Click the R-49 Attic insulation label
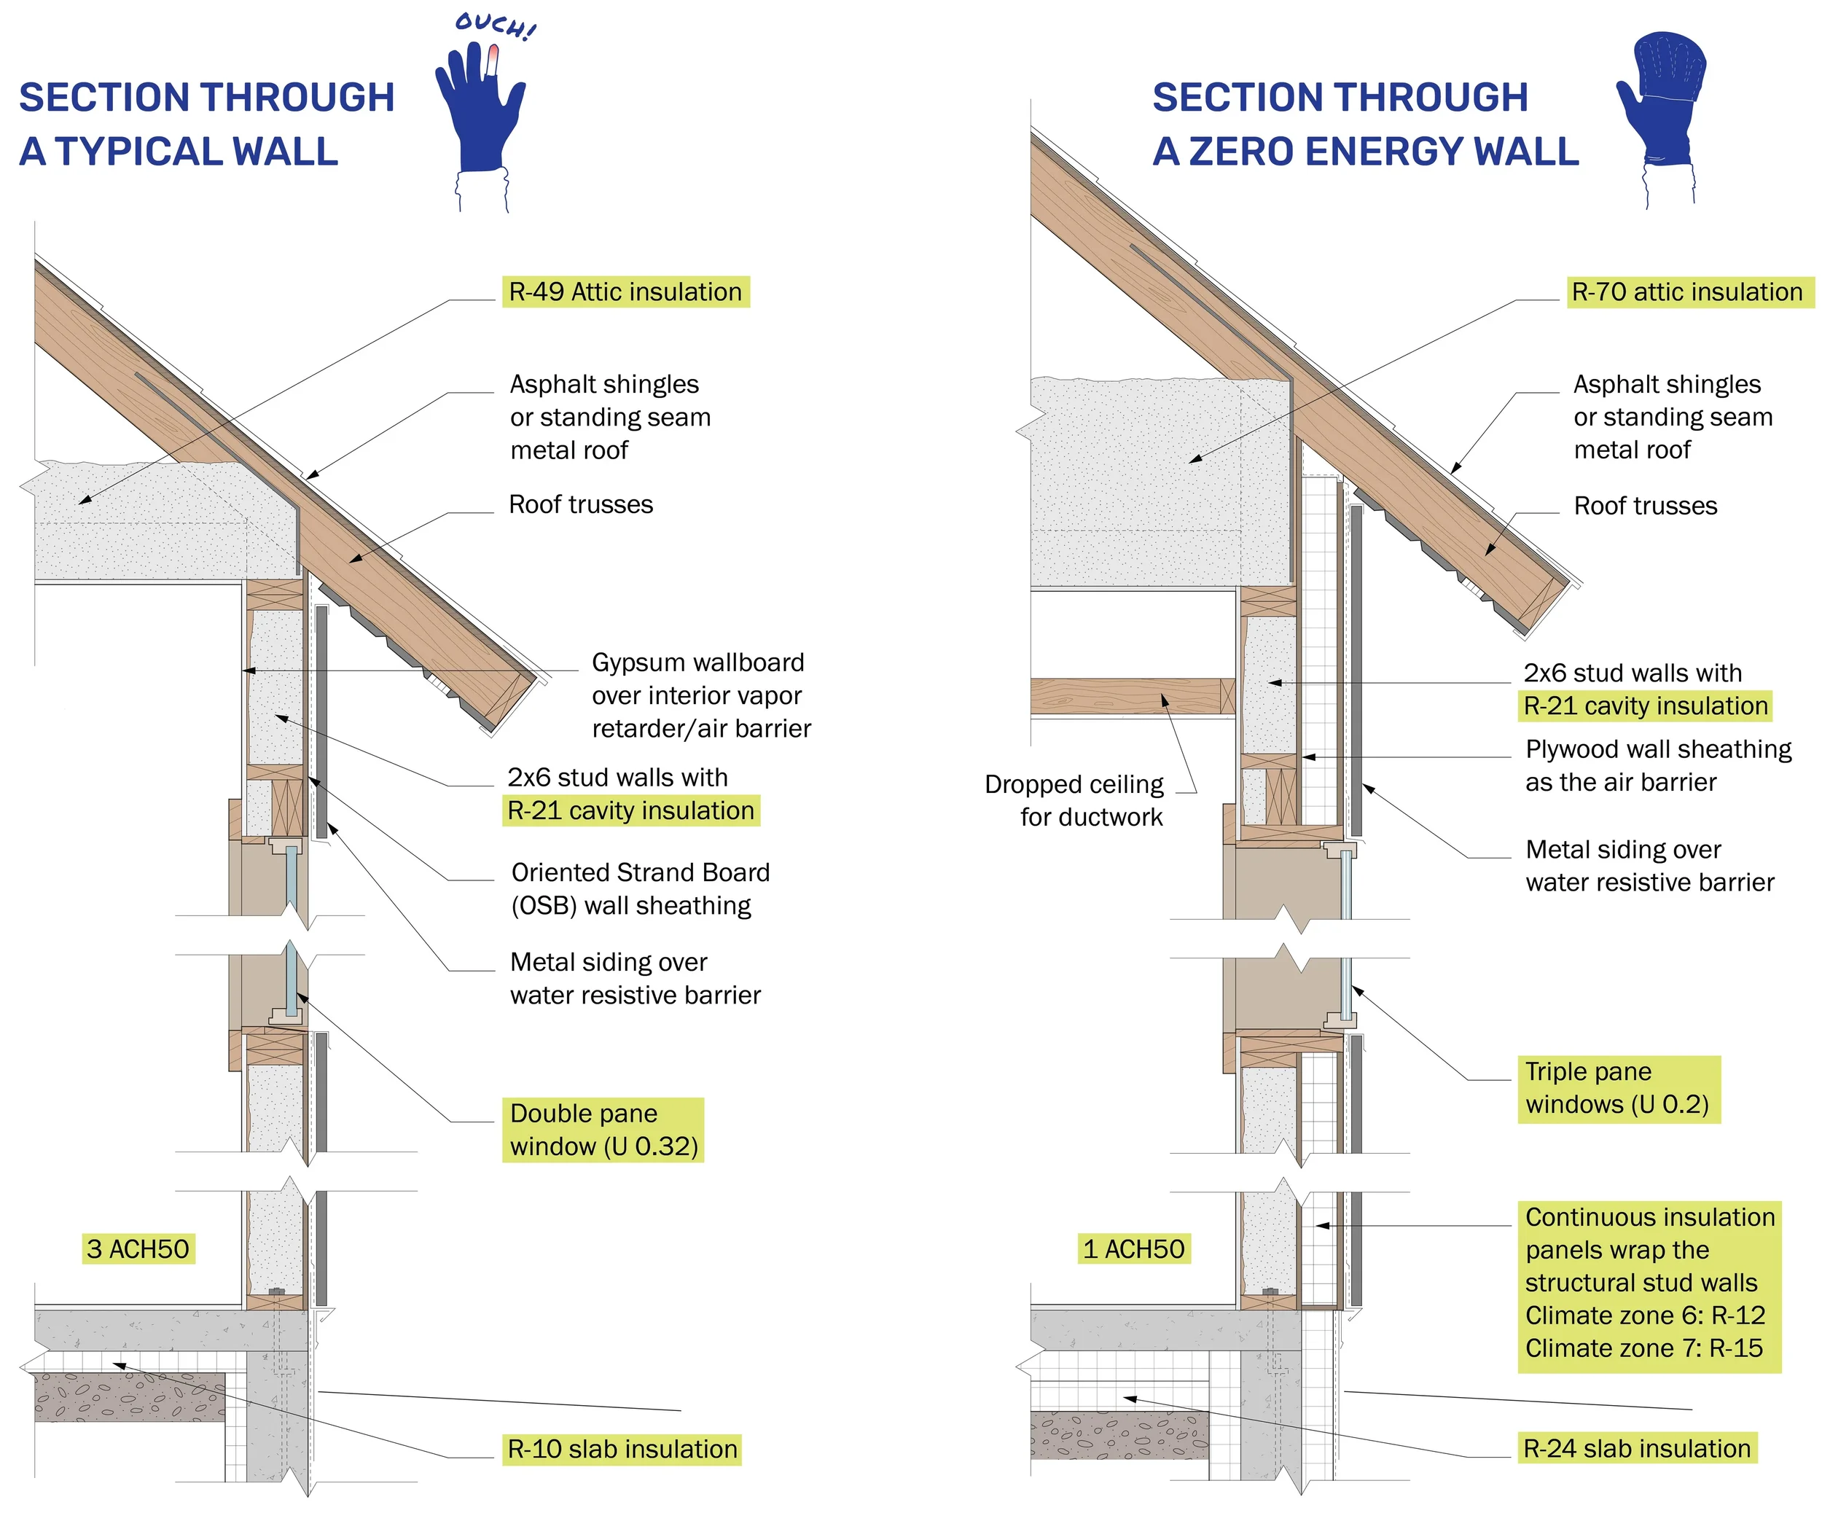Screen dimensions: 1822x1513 click(625, 292)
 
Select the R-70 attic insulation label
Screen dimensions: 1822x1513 click(1686, 292)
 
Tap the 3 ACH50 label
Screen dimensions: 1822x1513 click(138, 1248)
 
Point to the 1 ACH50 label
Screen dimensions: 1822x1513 click(1133, 1248)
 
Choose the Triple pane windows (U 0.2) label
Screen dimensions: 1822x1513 click(1617, 1088)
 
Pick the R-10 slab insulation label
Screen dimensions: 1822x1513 click(622, 1449)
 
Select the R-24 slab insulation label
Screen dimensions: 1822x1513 click(1636, 1448)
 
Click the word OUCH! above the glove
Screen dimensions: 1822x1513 click(496, 26)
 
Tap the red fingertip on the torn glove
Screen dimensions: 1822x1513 click(493, 59)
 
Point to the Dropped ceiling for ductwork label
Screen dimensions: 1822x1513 click(1076, 800)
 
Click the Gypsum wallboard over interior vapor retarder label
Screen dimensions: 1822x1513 click(700, 695)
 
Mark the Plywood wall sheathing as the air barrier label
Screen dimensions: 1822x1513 click(1657, 765)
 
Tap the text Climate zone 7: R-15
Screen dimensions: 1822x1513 click(1643, 1348)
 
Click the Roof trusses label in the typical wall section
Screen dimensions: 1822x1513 click(580, 504)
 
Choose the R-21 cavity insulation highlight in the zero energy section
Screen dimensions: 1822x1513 click(1645, 706)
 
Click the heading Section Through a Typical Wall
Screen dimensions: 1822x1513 click(206, 124)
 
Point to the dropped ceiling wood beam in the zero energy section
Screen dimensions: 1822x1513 click(1128, 696)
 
